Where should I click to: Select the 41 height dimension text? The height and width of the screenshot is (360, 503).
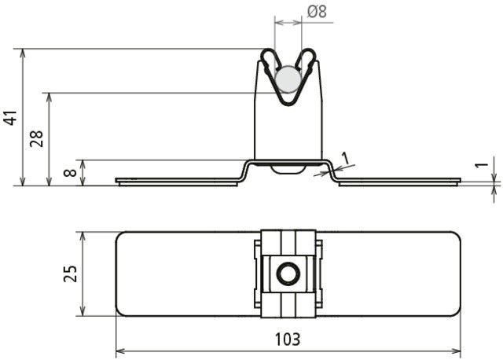point(10,118)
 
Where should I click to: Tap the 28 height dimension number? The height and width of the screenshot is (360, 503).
point(35,139)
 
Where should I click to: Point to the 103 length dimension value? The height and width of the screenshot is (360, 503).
point(288,340)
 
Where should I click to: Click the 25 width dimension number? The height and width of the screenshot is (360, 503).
point(70,274)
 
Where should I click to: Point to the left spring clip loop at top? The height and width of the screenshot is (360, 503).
point(269,60)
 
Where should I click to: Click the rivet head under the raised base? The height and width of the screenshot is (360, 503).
point(288,167)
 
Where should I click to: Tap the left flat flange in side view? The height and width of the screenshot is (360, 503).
point(177,181)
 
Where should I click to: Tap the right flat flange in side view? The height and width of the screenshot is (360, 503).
point(401,181)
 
